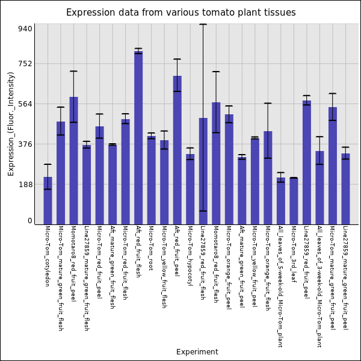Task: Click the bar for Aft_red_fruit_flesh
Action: point(138,138)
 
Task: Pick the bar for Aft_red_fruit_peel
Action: point(177,150)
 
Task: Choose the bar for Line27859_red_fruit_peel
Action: point(307,162)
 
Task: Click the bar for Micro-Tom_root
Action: point(152,180)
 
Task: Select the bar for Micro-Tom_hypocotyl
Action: point(190,189)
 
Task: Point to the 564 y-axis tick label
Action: point(25,104)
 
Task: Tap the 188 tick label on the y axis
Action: point(25,185)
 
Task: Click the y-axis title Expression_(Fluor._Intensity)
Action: point(11,123)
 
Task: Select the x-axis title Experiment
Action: point(197,352)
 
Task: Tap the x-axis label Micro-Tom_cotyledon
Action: point(48,256)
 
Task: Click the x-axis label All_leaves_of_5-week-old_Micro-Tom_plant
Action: point(281,286)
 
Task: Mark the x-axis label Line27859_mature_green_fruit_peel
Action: point(345,277)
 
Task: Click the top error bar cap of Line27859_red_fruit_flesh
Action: point(203,24)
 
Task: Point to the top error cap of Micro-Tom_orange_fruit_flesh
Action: point(268,103)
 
